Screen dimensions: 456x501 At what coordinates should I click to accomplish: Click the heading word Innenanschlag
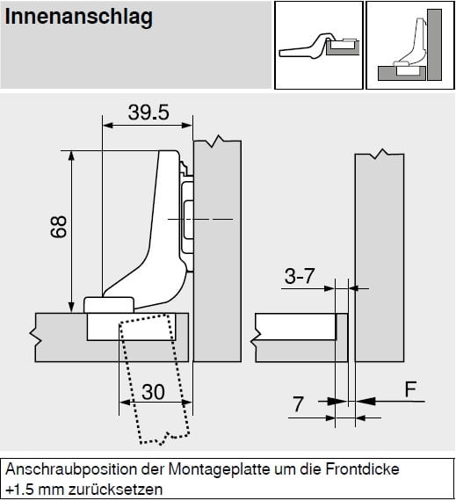click(x=79, y=18)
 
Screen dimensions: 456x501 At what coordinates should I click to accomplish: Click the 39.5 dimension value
click(x=148, y=113)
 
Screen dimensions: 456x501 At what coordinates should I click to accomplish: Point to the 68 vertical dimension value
click(x=59, y=227)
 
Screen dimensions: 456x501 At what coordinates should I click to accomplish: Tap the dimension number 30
click(x=153, y=392)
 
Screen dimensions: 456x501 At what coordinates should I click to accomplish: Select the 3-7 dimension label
click(x=300, y=276)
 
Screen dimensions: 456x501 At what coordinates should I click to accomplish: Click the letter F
click(x=410, y=389)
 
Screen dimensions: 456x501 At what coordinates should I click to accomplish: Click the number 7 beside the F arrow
click(x=298, y=404)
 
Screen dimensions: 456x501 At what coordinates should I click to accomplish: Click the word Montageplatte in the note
click(x=220, y=469)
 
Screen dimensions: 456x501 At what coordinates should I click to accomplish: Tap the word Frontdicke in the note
click(x=363, y=469)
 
